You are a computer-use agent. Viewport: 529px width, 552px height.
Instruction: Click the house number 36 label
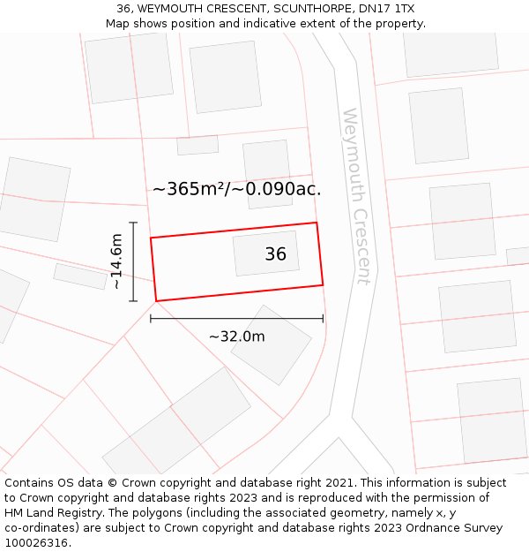coord(275,254)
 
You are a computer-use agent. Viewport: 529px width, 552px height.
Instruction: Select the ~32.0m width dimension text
coord(236,336)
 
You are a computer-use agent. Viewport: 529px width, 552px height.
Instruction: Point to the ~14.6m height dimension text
coord(115,261)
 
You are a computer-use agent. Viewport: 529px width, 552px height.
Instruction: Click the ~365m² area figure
coord(189,189)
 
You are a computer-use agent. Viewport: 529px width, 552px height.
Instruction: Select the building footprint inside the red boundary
coord(265,253)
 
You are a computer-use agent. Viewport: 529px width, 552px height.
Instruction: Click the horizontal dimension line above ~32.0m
coord(236,318)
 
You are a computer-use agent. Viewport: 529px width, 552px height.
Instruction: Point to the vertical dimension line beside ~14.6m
coord(133,261)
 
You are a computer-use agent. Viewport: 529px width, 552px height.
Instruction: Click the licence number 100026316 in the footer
coord(36,542)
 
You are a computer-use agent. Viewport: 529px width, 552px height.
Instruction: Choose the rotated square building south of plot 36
coord(271,344)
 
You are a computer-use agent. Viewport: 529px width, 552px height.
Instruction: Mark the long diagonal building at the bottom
coord(176,424)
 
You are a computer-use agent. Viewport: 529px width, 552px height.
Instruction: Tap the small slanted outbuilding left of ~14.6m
coord(80,276)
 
